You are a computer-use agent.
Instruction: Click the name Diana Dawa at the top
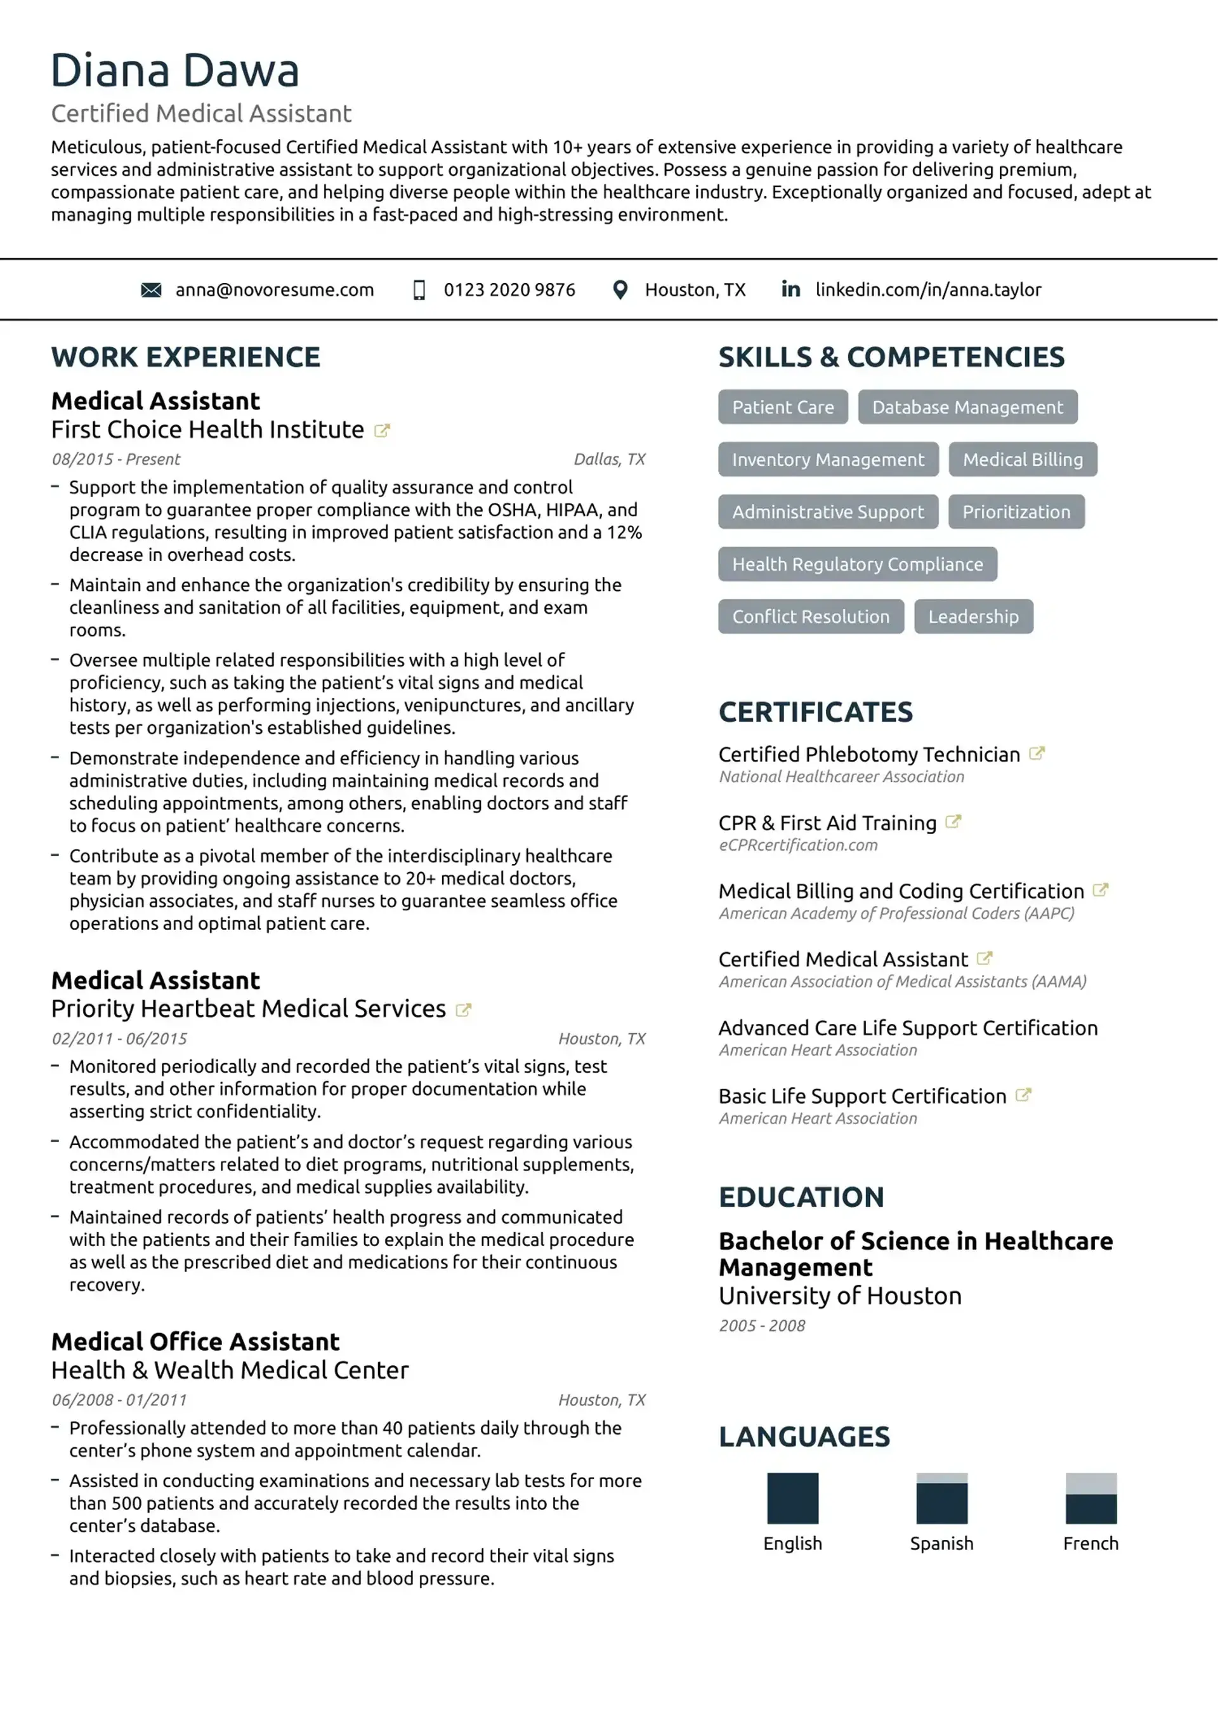175,70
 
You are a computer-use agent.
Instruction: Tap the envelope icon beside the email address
151,290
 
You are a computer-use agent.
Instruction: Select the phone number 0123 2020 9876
509,290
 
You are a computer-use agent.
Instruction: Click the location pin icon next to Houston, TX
620,290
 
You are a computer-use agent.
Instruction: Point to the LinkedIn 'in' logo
790,289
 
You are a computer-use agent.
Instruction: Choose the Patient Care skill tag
783,407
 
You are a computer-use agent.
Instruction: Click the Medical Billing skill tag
1022,460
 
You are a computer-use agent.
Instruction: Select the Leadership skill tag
972,616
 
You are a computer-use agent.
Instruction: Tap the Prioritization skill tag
1016,512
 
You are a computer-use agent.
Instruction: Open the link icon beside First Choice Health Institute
382,431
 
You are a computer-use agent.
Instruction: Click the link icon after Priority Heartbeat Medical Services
464,1010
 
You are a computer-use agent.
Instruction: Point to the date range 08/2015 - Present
115,460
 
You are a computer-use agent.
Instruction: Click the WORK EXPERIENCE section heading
185,357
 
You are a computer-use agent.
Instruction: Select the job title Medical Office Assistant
195,1342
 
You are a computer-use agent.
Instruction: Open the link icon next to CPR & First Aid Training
953,822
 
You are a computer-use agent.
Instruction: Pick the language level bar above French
1090,1498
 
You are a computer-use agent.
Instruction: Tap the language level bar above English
792,1498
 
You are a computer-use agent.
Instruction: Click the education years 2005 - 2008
762,1326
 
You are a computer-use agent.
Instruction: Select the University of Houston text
840,1296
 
